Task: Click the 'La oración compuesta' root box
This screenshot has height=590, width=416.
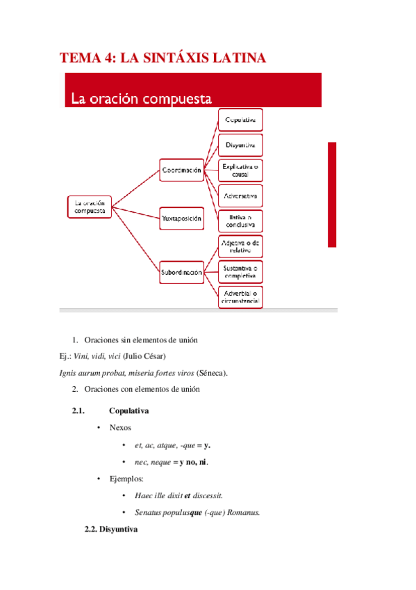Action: [x=90, y=206]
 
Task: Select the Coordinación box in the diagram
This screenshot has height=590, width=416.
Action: [x=181, y=170]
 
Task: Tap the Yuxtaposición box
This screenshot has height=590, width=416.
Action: [x=181, y=218]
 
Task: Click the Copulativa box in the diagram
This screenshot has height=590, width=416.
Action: [x=240, y=120]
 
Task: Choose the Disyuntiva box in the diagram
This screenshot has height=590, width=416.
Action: [x=240, y=145]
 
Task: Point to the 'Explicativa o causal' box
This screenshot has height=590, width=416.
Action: [x=240, y=170]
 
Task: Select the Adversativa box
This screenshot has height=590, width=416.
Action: [x=240, y=195]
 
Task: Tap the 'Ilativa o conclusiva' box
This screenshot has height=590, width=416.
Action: [x=240, y=221]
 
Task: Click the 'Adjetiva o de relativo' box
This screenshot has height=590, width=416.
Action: [x=240, y=246]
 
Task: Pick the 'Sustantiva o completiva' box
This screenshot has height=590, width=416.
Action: [x=240, y=271]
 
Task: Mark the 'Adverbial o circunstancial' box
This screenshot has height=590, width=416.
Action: [x=240, y=297]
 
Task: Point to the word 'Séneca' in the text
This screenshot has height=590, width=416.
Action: [x=212, y=373]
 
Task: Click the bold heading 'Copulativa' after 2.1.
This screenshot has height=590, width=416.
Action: [x=128, y=411]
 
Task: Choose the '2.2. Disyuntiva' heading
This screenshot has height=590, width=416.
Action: [x=111, y=529]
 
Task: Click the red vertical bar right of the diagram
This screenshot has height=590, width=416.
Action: [x=332, y=194]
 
